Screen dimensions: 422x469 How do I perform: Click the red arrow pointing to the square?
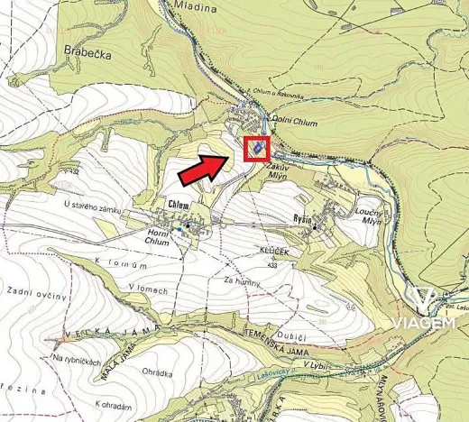click(205, 167)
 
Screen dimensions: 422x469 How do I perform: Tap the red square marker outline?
click(257, 147)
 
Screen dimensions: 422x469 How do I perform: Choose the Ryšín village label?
click(327, 218)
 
